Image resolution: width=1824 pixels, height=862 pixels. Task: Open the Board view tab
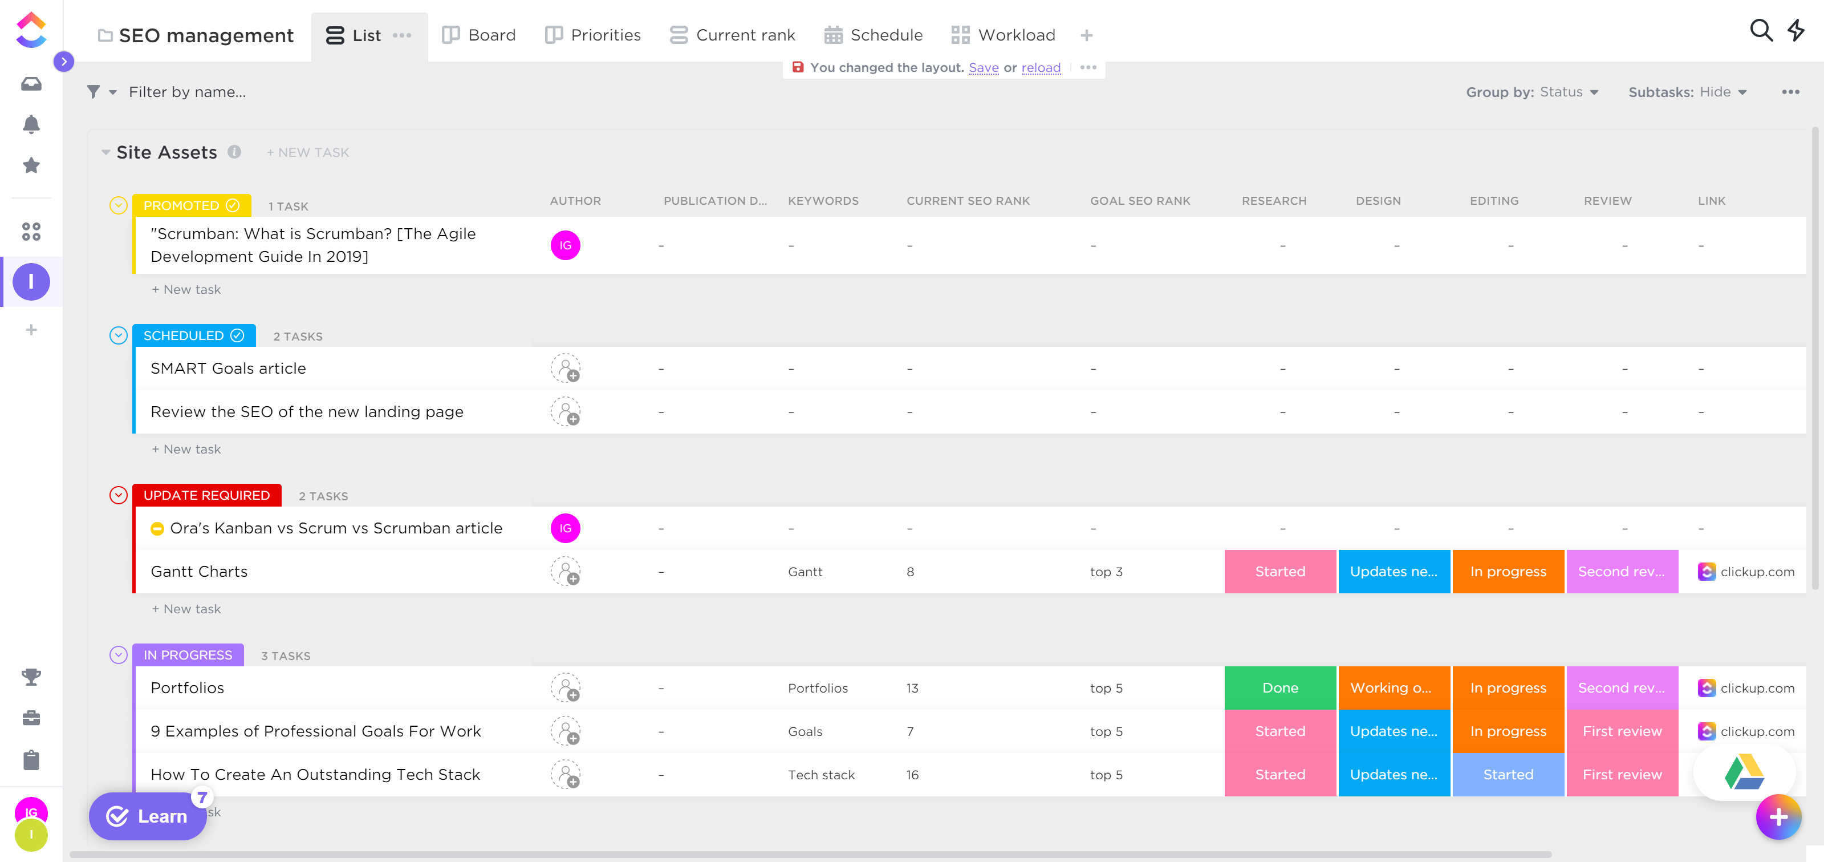coord(480,35)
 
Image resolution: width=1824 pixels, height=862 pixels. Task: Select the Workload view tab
coord(1004,35)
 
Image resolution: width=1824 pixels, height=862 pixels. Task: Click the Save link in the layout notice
coord(983,67)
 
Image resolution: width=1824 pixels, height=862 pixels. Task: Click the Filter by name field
coord(188,92)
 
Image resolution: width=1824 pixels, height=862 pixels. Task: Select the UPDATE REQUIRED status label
coord(207,495)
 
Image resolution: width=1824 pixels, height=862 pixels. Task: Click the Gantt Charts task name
coord(199,572)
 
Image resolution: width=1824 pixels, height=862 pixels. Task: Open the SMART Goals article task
coord(228,369)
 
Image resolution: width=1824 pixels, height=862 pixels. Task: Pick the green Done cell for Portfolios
coord(1279,688)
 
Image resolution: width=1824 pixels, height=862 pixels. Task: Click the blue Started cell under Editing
coord(1508,774)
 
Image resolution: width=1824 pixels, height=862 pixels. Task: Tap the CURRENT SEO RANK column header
coord(968,201)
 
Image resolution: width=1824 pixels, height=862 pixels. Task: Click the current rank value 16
coord(912,775)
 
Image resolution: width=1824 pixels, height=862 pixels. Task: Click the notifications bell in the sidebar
coord(31,125)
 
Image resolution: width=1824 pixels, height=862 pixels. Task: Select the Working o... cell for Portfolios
coord(1393,688)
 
